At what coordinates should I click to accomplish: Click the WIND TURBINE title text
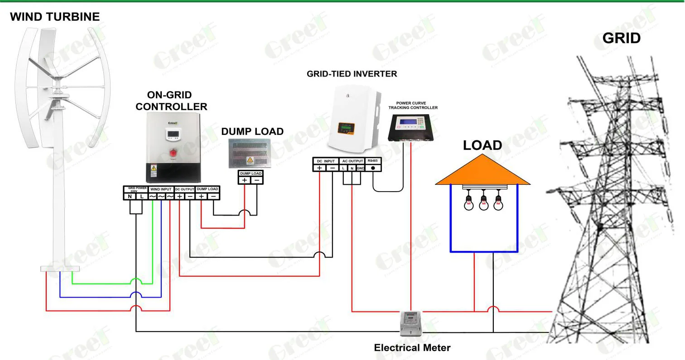[55, 17]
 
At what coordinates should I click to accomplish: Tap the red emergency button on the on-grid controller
[173, 154]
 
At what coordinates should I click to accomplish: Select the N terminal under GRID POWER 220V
[130, 196]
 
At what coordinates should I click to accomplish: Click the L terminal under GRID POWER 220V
[141, 196]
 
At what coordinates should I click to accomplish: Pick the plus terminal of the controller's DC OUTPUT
[180, 196]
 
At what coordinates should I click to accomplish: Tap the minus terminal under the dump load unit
[256, 180]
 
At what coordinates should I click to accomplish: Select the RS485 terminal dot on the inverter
[373, 168]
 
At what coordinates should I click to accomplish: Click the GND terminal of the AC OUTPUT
[361, 168]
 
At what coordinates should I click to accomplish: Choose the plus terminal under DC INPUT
[319, 168]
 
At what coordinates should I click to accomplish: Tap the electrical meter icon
[411, 323]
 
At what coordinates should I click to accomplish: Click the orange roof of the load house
[482, 173]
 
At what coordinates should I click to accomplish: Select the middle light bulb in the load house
[484, 202]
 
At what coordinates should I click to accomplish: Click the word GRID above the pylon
[621, 38]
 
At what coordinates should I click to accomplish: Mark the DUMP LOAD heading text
[252, 132]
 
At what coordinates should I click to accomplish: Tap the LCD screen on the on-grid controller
[173, 134]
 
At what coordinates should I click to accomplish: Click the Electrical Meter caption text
[412, 348]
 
